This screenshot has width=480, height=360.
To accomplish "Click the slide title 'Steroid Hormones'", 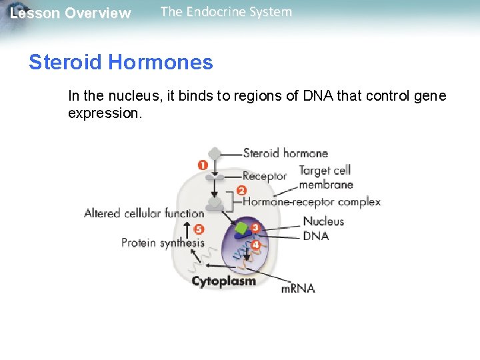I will click(x=121, y=63).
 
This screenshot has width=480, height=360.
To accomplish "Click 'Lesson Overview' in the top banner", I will click(x=71, y=13).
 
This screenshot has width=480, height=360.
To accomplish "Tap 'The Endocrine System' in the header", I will click(x=226, y=11).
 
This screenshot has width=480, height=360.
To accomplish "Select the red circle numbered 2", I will click(x=242, y=190).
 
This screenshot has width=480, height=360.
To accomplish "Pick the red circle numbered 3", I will click(x=255, y=227).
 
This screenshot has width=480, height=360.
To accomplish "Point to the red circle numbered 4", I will click(x=256, y=245).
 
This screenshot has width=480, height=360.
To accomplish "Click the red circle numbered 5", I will click(x=198, y=229).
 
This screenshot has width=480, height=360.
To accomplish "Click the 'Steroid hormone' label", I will click(x=285, y=153).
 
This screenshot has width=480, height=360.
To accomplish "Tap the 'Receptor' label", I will click(x=264, y=176).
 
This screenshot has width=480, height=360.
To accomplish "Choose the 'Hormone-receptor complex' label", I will click(x=311, y=201).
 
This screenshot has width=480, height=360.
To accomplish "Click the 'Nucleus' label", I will click(x=323, y=221).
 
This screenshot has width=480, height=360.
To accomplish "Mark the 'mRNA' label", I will click(x=297, y=289).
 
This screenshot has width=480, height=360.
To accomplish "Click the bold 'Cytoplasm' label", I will click(x=223, y=281).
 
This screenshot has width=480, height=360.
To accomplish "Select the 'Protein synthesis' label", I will click(x=163, y=243).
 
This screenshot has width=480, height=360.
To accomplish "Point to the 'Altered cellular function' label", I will click(x=144, y=213).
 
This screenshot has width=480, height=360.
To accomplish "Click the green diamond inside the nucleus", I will click(x=241, y=230).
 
